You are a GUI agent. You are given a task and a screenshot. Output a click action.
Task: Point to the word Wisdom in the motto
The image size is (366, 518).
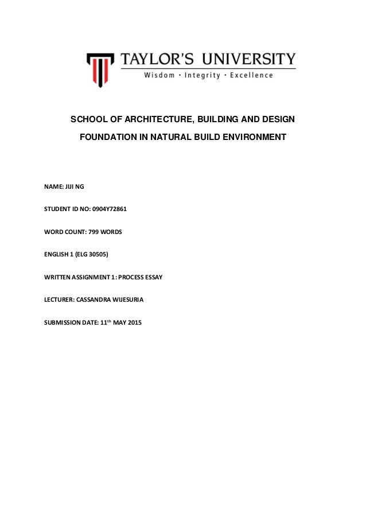click(152, 75)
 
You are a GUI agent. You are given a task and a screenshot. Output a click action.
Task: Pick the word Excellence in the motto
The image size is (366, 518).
click(251, 75)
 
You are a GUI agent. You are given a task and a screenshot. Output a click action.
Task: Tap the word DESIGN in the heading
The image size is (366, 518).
click(277, 120)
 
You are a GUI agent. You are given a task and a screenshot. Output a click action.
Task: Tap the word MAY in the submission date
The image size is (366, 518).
click(116, 320)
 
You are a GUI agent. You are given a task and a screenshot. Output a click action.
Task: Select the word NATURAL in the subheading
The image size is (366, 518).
click(172, 138)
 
